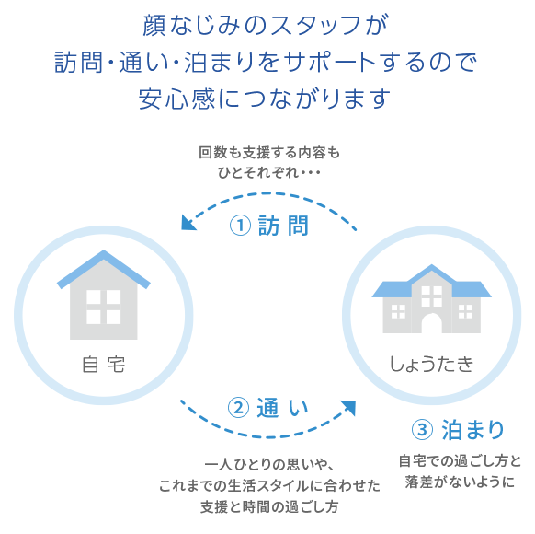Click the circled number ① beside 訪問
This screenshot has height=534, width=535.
pyautogui.click(x=240, y=226)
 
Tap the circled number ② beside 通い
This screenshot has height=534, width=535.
pyautogui.click(x=238, y=408)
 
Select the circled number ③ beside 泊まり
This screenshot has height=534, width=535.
pyautogui.click(x=422, y=429)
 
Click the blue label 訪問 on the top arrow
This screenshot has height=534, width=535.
pyautogui.click(x=283, y=226)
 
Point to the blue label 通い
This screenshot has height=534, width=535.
pyautogui.click(x=282, y=408)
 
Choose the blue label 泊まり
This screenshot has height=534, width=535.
pyautogui.click(x=472, y=429)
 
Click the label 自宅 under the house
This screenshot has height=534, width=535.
pyautogui.click(x=103, y=365)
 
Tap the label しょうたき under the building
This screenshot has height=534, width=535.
pyautogui.click(x=431, y=364)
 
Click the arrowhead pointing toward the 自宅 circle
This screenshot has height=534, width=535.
pyautogui.click(x=188, y=223)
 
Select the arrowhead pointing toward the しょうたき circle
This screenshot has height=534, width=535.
pyautogui.click(x=348, y=407)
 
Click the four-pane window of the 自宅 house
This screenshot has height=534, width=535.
pyautogui.click(x=103, y=307)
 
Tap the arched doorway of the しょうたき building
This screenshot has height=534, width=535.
pyautogui.click(x=432, y=323)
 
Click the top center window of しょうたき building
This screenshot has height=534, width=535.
pyautogui.click(x=432, y=296)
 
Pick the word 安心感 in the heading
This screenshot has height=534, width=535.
pyautogui.click(x=177, y=99)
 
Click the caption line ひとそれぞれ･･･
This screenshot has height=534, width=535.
pyautogui.click(x=269, y=172)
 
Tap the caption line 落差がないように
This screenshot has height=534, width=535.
pyautogui.click(x=460, y=482)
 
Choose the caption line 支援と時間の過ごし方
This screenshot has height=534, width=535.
pyautogui.click(x=269, y=506)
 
